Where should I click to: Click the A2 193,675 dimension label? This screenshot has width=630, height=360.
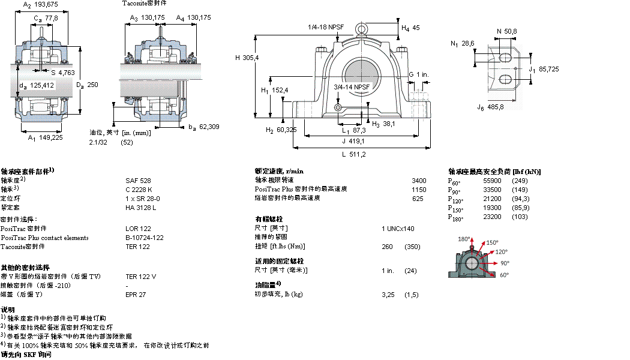[x=40, y=5]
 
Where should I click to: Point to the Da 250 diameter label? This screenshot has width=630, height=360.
[x=88, y=85]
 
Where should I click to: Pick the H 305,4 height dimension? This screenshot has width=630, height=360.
[x=247, y=58]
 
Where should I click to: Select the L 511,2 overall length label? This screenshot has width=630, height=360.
[x=354, y=154]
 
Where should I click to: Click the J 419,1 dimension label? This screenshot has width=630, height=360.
[x=353, y=141]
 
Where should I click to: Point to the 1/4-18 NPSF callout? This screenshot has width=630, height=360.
[x=326, y=27]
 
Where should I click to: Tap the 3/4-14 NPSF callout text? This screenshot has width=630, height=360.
[x=352, y=87]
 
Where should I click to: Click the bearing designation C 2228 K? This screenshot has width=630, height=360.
[x=139, y=189]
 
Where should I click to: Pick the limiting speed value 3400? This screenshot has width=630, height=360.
[x=419, y=180]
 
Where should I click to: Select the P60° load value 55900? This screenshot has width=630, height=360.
[x=493, y=181]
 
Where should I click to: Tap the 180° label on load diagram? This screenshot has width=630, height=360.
[x=463, y=239]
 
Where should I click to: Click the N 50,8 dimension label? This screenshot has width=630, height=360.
[x=506, y=31]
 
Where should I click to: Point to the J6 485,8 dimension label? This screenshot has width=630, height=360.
[x=490, y=107]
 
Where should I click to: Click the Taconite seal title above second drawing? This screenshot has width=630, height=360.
[x=144, y=4]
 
